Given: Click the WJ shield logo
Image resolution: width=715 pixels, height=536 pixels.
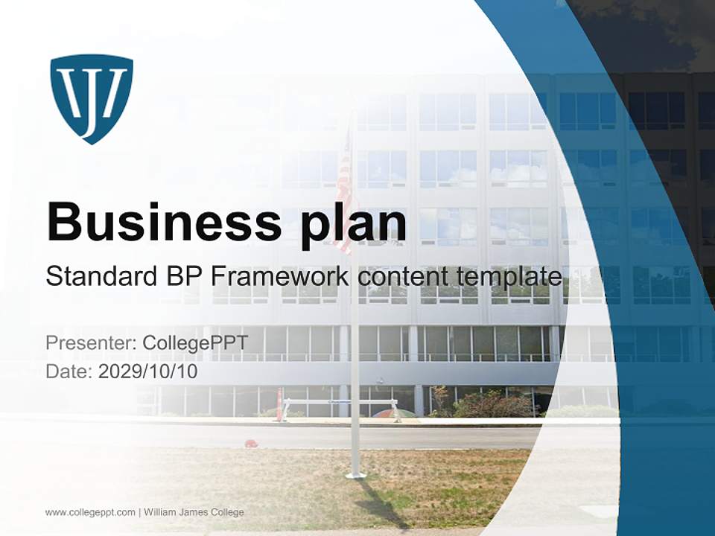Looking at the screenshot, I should (x=92, y=98).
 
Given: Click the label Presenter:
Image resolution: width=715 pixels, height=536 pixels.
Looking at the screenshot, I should (x=91, y=343).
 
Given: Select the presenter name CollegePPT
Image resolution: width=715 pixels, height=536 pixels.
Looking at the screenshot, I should (x=195, y=343).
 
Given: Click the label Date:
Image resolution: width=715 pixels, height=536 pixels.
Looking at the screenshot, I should (x=69, y=371).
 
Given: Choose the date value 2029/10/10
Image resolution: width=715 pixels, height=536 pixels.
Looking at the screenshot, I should (x=148, y=371).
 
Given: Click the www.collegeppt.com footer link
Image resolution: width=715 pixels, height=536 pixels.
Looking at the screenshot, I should (x=90, y=512).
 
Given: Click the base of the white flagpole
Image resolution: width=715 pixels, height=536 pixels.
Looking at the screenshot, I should (x=355, y=474).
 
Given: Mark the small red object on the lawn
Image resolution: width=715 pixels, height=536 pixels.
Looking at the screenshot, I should (x=251, y=444).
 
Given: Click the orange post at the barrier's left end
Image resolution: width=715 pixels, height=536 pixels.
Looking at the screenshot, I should (x=280, y=405).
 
